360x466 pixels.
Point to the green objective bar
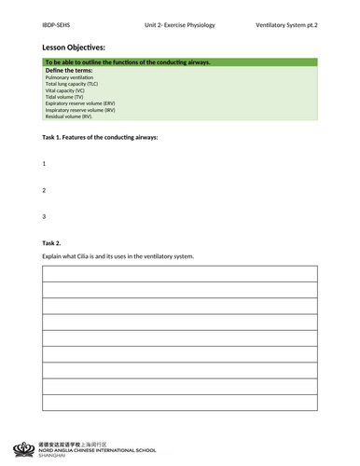click(x=179, y=62)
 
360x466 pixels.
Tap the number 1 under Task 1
click(x=44, y=163)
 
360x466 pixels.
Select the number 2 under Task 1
click(x=44, y=190)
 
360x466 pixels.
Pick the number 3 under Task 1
click(x=44, y=216)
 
